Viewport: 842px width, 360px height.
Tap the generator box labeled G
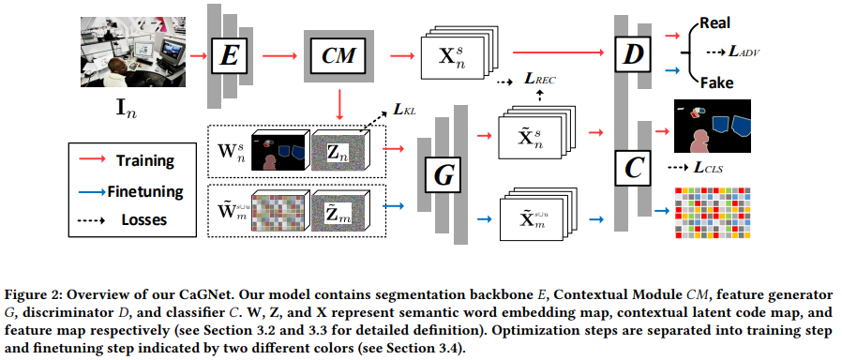443,174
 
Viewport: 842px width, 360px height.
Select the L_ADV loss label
744,52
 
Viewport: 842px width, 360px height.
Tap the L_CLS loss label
708,169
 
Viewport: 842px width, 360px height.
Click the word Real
714,23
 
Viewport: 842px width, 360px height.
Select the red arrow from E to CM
279,55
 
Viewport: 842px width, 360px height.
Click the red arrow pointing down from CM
338,105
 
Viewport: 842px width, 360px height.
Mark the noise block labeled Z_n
338,150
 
